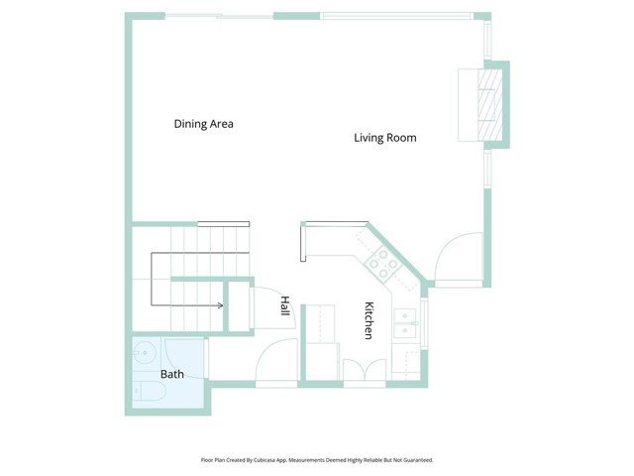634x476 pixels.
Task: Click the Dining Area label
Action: (203, 124)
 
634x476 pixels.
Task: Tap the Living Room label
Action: (385, 138)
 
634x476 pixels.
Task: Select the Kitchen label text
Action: (369, 320)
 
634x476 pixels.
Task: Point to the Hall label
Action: (285, 306)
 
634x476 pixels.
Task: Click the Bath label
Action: (172, 374)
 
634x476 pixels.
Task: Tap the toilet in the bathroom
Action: (150, 391)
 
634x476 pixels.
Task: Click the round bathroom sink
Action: (143, 353)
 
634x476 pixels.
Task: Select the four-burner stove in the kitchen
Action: (382, 265)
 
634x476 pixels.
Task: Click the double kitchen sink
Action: (405, 323)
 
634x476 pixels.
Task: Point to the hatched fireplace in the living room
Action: (490, 105)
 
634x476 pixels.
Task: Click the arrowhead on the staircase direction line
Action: (221, 305)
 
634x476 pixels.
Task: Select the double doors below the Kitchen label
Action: (365, 369)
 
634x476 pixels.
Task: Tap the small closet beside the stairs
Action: (239, 305)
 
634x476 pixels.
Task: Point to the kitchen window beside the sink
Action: (424, 323)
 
